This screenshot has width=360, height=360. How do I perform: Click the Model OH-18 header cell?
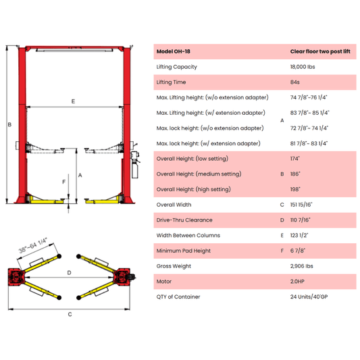click(x=174, y=51)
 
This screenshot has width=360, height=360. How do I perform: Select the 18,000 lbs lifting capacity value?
click(x=303, y=67)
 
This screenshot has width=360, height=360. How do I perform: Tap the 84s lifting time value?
click(x=295, y=82)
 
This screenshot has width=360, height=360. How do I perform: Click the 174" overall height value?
click(x=295, y=159)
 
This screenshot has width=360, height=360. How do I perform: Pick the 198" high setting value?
click(x=295, y=189)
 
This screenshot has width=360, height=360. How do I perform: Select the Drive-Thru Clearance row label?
click(x=184, y=220)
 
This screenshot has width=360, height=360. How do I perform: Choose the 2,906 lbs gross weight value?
click(x=301, y=266)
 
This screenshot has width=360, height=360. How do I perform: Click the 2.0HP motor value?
click(x=298, y=281)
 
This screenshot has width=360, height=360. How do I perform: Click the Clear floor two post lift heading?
click(x=321, y=51)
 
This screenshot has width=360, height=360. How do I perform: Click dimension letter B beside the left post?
click(x=9, y=125)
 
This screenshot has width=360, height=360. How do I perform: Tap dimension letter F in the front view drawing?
click(x=63, y=182)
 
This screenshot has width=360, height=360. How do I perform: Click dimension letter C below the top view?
click(x=70, y=314)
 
